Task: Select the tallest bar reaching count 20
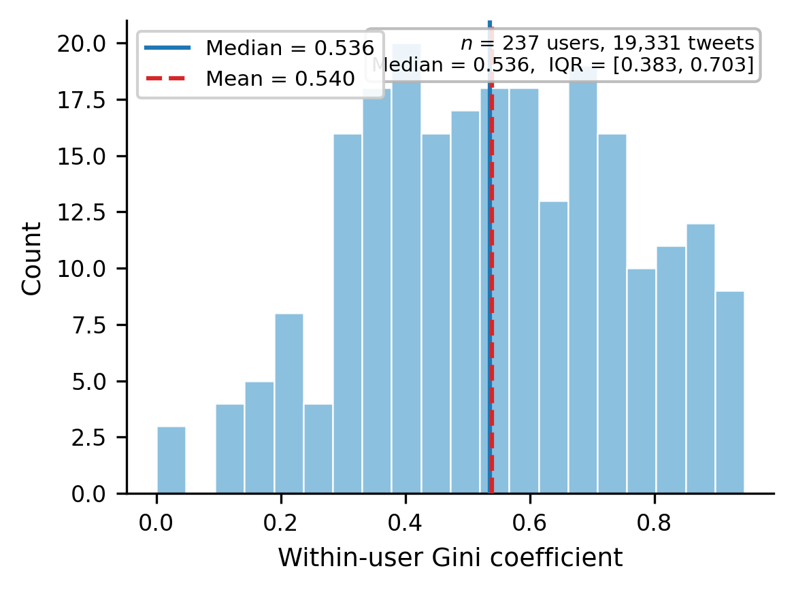click(406, 272)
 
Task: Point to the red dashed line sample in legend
click(166, 78)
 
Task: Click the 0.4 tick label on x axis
click(406, 525)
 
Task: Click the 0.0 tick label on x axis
click(156, 525)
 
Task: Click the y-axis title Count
click(32, 258)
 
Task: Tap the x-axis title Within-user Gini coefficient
click(450, 559)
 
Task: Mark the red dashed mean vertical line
click(491, 306)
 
